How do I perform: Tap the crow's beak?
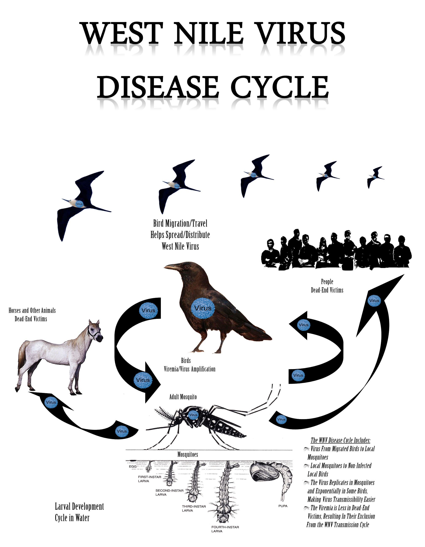[x=172, y=267]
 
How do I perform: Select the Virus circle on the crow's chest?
[x=203, y=308]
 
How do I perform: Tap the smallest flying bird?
[x=375, y=177]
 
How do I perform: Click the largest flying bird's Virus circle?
[x=79, y=204]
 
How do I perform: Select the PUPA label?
[x=283, y=506]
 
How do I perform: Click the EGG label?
[x=133, y=467]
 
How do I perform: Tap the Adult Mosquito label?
[x=183, y=397]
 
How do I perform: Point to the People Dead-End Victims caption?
[x=327, y=286]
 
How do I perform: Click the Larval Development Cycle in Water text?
[x=79, y=512]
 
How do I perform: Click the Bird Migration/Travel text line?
[x=180, y=223]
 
